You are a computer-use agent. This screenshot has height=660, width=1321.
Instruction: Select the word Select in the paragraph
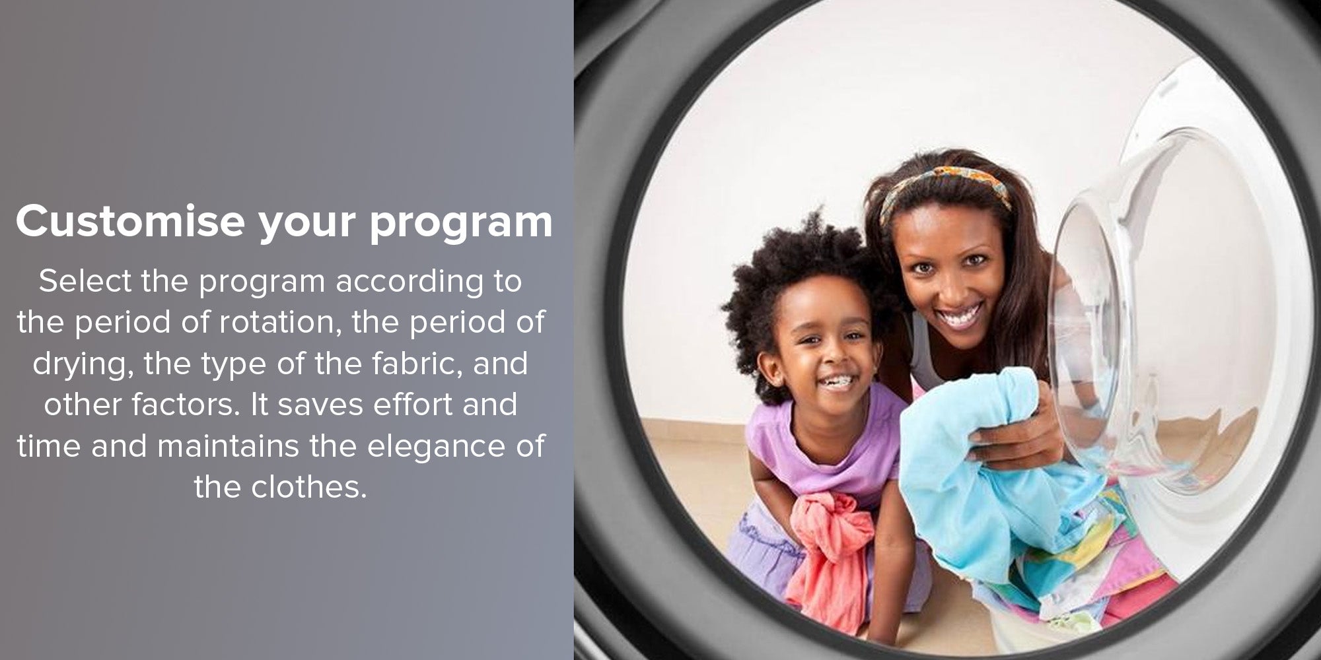pos(85,281)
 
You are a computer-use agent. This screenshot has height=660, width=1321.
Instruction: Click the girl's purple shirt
pos(819,449)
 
